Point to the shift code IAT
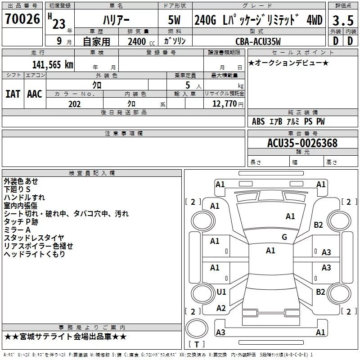(x=13, y=94)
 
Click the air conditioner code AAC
(x=35, y=94)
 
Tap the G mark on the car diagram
(x=284, y=237)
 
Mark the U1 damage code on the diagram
(x=221, y=292)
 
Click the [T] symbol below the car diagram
(x=196, y=345)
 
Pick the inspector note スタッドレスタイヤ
(x=34, y=238)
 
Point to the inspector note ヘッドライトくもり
(x=35, y=254)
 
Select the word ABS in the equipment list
(x=258, y=121)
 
